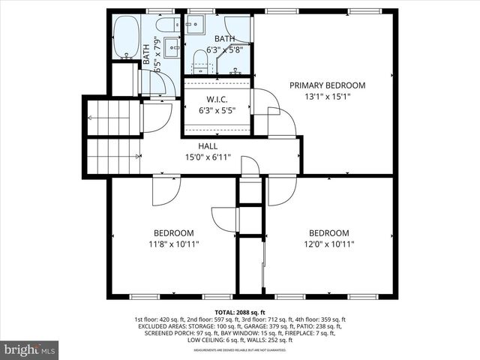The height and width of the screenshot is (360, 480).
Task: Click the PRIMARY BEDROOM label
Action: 327,85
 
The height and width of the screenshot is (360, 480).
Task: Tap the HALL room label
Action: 208,146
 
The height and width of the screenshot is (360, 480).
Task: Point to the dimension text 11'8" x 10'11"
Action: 173,244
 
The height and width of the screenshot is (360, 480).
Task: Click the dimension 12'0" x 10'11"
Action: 328,244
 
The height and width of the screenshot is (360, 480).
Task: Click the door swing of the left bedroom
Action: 166,190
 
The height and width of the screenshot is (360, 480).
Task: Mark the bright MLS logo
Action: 30,349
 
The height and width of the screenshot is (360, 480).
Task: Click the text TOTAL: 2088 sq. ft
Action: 239,311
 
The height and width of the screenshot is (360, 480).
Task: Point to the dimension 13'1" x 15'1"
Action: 327,97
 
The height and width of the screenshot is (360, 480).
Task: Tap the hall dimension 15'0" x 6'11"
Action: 208,157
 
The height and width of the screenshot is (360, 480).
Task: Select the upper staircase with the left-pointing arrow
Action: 109,118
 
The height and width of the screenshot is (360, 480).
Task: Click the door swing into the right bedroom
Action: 281,190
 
